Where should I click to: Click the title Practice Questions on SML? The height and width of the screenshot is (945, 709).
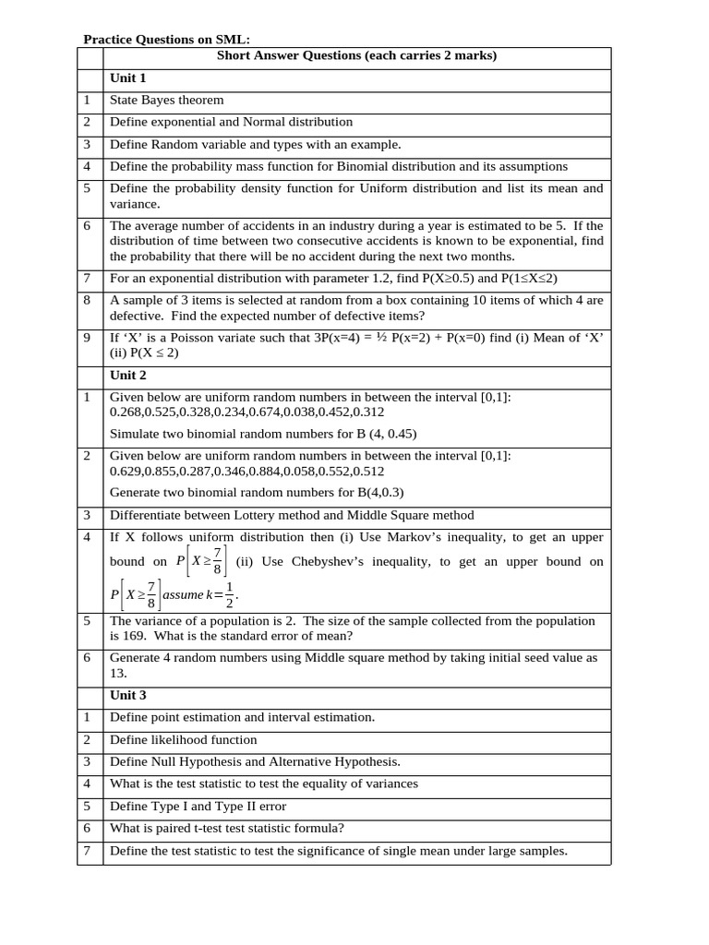click(x=167, y=40)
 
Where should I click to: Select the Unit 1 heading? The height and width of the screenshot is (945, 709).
click(x=128, y=78)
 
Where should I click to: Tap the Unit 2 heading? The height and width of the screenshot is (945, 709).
click(x=128, y=376)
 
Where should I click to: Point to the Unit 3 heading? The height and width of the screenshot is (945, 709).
click(x=128, y=695)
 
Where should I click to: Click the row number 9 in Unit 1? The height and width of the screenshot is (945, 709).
click(x=87, y=338)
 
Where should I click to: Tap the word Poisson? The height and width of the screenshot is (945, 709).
click(x=196, y=338)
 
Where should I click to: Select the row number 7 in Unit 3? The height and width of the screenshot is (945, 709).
click(x=87, y=851)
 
